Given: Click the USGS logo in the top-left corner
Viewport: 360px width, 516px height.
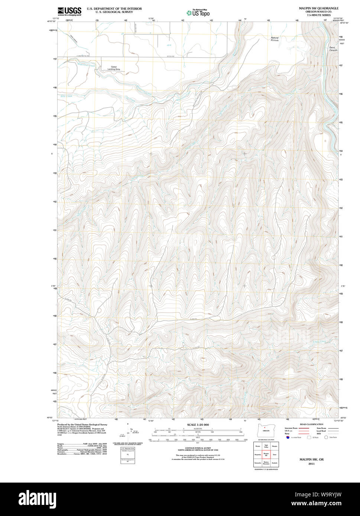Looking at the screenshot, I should tap(69, 12).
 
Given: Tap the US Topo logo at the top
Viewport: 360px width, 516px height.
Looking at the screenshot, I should tap(198, 13).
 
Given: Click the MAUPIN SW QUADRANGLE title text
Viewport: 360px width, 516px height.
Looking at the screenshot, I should tap(318, 8).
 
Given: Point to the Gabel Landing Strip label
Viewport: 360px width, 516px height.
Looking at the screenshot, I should tap(114, 68).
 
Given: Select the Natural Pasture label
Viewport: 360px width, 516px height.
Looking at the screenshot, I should tap(275, 39).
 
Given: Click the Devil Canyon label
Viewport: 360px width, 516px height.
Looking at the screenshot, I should tap(333, 49).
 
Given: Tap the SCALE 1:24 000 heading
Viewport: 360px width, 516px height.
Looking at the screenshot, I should tap(198, 425).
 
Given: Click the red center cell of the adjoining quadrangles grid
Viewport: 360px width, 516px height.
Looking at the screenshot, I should tap(266, 454).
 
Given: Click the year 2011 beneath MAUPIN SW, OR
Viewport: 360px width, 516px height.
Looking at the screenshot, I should tap(311, 464).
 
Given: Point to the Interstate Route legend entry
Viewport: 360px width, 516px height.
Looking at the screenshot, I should tap(292, 428).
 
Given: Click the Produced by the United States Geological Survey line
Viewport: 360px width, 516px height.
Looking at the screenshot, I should tap(82, 424).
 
